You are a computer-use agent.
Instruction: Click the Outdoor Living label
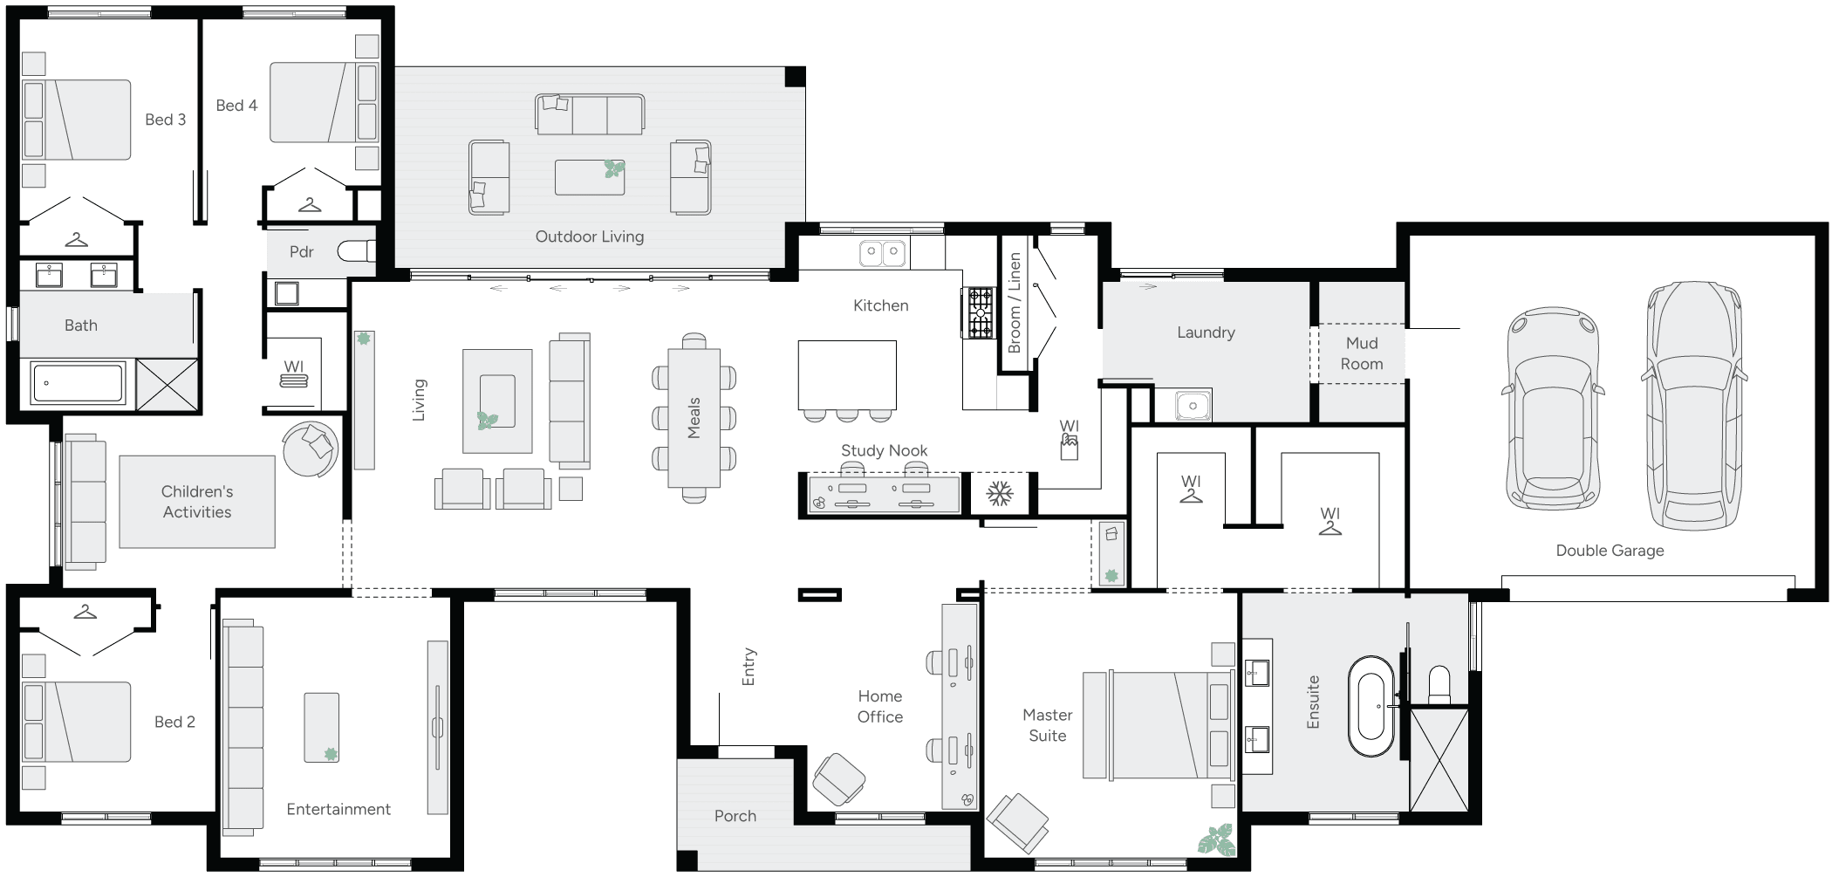coord(589,236)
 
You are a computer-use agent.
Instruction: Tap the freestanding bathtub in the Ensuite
coord(1371,707)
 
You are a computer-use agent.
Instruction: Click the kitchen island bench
coord(846,374)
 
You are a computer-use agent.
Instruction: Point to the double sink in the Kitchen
coord(882,254)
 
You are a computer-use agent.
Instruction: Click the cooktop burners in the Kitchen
coord(980,312)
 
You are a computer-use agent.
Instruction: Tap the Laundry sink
coord(1193,406)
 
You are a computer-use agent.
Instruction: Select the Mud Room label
coord(1362,353)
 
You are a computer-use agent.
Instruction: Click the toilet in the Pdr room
coord(357,251)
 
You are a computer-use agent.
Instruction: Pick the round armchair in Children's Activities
coord(311,449)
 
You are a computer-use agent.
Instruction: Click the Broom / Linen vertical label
coord(1014,302)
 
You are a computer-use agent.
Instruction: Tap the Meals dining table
coord(694,417)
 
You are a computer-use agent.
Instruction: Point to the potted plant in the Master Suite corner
coord(1216,839)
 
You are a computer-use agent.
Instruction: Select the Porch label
coord(735,816)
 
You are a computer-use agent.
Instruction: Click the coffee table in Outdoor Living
coord(590,176)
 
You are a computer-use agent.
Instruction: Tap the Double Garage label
coord(1610,551)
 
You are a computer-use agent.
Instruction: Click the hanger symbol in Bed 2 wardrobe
coord(85,613)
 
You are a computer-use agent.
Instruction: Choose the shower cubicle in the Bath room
coord(167,384)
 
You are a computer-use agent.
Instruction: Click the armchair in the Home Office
coord(838,778)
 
